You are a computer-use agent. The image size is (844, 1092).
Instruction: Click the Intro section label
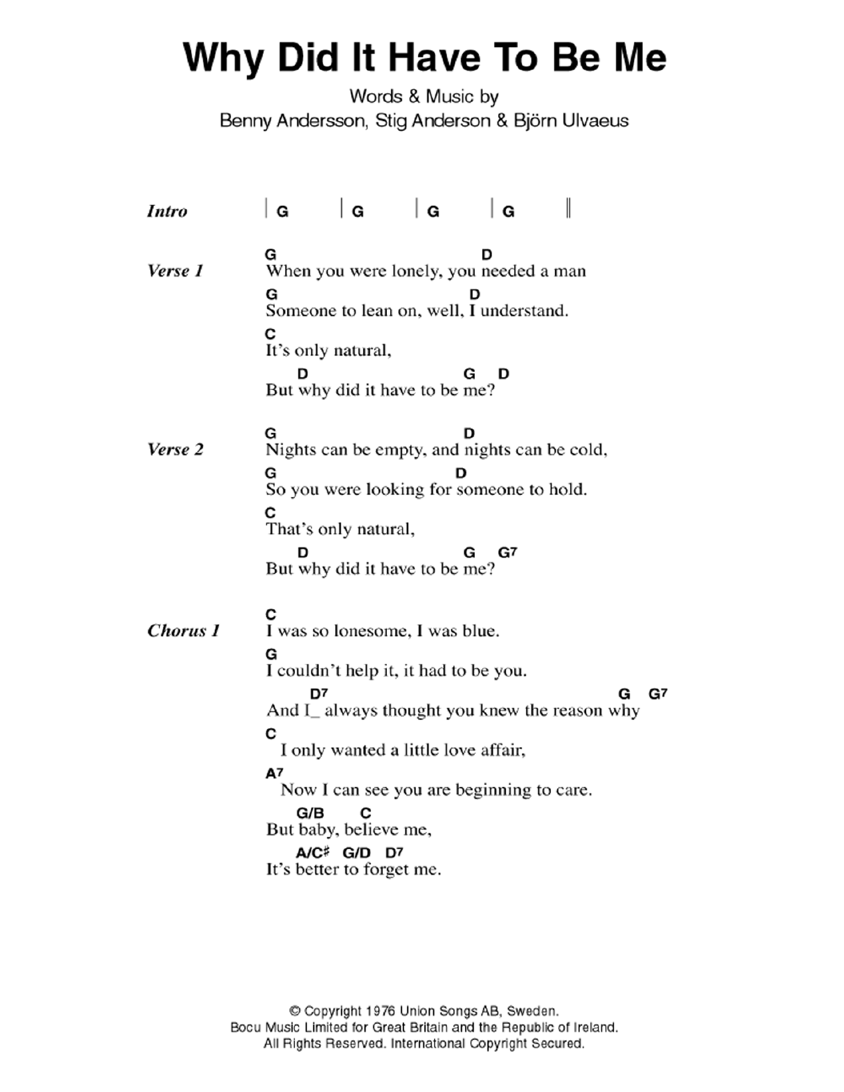click(x=167, y=211)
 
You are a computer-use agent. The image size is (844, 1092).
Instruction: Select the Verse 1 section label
click(x=175, y=271)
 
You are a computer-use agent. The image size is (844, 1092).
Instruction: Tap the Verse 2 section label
click(x=175, y=449)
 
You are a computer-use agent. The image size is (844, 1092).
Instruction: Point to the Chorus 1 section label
click(x=183, y=631)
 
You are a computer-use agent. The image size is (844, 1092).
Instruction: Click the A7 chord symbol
click(x=274, y=773)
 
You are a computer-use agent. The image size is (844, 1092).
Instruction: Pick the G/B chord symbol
click(x=310, y=813)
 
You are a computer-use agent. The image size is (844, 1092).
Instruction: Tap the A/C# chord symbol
click(x=312, y=852)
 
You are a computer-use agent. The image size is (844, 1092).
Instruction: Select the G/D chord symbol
click(x=357, y=852)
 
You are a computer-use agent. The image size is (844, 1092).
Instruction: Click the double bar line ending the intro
click(x=569, y=208)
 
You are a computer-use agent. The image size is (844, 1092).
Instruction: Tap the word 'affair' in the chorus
click(x=505, y=751)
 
